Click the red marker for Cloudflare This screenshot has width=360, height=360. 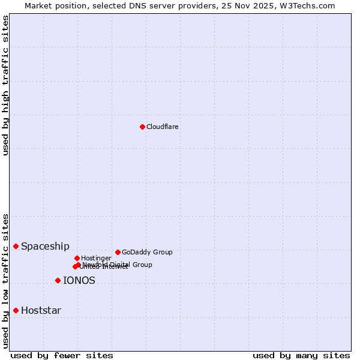coord(142,127)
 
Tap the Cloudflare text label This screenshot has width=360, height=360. coord(162,127)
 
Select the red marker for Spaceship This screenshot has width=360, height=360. coord(16,246)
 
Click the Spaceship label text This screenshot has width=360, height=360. coord(45,246)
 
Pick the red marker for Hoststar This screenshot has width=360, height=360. coord(16,310)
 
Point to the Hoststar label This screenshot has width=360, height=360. coord(41,310)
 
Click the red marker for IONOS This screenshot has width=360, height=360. coord(58,280)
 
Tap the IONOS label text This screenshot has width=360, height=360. coord(79,280)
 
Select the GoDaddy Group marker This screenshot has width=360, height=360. coord(118,252)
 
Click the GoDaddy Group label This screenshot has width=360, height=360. coord(147,252)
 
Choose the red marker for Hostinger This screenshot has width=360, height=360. coord(77,258)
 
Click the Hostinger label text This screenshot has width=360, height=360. coord(96,258)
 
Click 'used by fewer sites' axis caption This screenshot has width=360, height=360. coord(62,355)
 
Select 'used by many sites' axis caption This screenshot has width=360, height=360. coord(301,355)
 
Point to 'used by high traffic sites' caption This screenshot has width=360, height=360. coord(5,85)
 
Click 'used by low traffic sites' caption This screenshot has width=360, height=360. coord(5,280)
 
